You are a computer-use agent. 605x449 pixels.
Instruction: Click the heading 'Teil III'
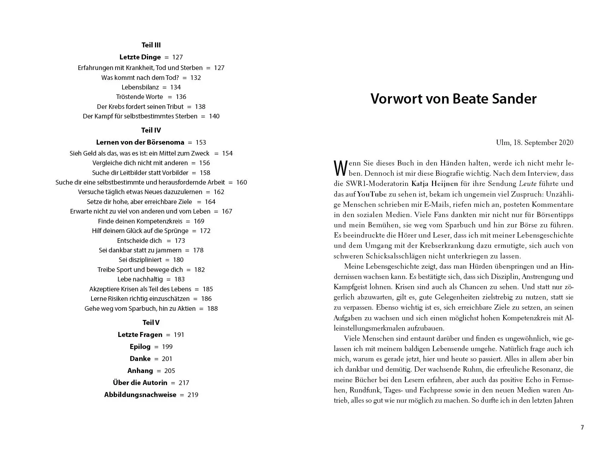point(151,45)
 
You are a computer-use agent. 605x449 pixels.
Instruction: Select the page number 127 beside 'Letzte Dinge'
point(177,57)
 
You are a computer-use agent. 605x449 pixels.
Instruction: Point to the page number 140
point(214,116)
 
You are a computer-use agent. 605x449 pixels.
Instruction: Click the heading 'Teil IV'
point(151,130)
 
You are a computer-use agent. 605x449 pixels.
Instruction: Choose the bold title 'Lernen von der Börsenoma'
point(140,142)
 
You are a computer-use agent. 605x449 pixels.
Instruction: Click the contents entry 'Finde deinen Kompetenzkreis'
point(140,221)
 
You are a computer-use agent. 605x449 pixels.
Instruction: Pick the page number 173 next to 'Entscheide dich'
point(180,241)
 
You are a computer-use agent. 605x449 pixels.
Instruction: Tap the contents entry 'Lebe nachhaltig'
point(140,279)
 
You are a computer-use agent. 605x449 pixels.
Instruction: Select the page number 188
point(212,309)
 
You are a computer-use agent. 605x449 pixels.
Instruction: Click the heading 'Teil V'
point(151,322)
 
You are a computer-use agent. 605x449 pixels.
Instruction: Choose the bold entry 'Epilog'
point(140,347)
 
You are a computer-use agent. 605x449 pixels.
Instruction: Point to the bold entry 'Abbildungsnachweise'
point(140,395)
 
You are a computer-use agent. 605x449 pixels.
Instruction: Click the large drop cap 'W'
point(340,168)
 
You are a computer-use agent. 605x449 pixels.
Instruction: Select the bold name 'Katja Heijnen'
point(434,184)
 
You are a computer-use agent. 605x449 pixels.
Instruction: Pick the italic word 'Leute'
point(528,184)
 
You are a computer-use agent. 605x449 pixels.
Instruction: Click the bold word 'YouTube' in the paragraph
point(372,194)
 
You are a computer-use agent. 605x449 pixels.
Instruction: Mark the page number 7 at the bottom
point(582,427)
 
